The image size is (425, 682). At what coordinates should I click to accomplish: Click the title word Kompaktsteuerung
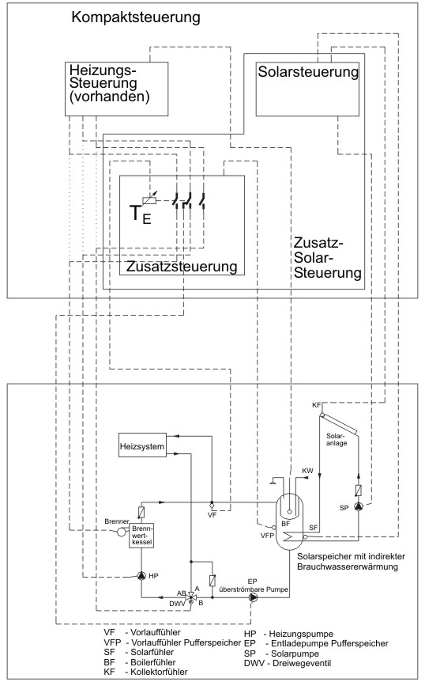click(x=135, y=18)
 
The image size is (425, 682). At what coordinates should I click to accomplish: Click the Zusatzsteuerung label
click(x=182, y=266)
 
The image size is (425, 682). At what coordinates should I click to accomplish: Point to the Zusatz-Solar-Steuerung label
click(x=327, y=257)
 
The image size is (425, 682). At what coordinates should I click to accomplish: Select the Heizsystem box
click(x=142, y=445)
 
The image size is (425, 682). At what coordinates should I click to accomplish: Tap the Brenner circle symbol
click(x=121, y=532)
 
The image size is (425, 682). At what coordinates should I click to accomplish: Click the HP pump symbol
click(x=141, y=576)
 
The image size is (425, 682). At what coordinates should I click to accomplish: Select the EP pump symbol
click(x=253, y=597)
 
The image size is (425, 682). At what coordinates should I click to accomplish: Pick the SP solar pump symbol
click(x=359, y=506)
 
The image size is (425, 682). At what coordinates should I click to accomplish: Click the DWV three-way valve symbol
click(x=190, y=598)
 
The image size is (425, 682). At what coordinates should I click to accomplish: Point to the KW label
click(x=307, y=471)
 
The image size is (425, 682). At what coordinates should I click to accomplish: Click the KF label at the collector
click(x=317, y=405)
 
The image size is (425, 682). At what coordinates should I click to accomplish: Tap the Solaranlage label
click(x=337, y=439)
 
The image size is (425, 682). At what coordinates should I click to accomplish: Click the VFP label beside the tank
click(x=268, y=536)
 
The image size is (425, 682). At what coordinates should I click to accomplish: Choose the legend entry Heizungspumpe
click(x=301, y=634)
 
